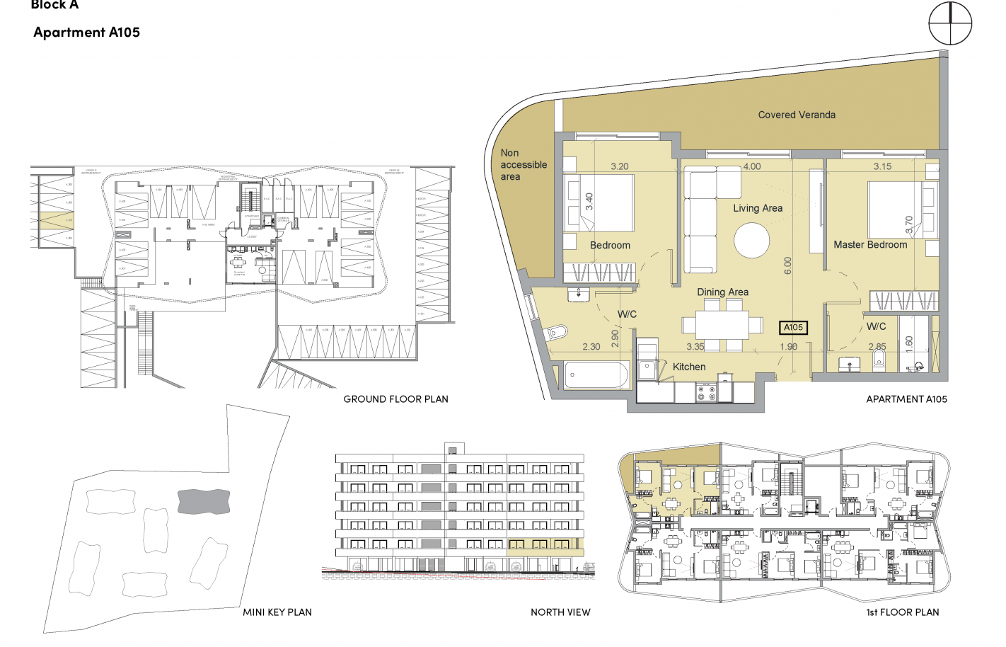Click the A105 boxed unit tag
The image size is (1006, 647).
tap(793, 327)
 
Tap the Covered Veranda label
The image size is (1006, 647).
tap(797, 115)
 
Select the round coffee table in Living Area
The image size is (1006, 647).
tap(751, 241)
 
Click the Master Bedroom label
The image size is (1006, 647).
tap(870, 245)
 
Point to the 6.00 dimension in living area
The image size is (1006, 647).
tap(788, 265)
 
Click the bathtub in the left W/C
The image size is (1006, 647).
tap(596, 374)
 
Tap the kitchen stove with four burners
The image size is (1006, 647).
tap(706, 392)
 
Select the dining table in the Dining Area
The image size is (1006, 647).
tap(722, 326)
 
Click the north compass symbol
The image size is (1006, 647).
tap(950, 23)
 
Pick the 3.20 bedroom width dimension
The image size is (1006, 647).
tap(620, 166)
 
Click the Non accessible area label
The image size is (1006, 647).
tap(523, 165)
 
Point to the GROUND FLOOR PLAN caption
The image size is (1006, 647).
tap(395, 399)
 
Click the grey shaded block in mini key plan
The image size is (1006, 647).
tap(204, 501)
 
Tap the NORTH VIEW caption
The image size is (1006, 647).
tap(560, 612)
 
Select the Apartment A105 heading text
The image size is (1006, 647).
tap(86, 33)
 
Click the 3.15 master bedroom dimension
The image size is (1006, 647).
tap(882, 166)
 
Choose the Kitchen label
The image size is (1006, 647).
tap(689, 367)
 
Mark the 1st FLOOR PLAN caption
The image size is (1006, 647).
tap(903, 612)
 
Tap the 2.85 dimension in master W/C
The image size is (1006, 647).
tap(877, 347)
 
